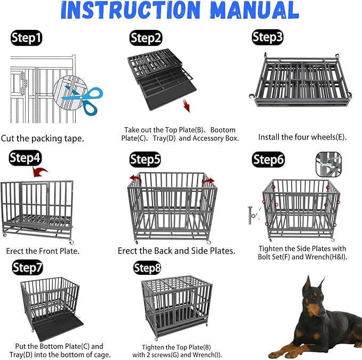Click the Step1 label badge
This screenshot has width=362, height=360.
(27, 38)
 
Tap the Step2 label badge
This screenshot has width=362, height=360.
(146, 38)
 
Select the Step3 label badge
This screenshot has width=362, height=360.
(268, 37)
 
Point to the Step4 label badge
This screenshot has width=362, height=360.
(25, 158)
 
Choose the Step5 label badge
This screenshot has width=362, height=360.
(146, 159)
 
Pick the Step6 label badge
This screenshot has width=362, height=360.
(268, 160)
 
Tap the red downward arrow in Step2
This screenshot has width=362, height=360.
(186, 104)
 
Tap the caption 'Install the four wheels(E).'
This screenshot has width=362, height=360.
(302, 137)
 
